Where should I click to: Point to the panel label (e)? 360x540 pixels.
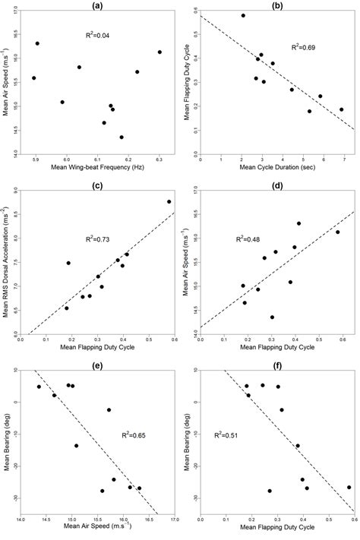coord(97,365)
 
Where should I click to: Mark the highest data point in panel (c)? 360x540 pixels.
coord(169,202)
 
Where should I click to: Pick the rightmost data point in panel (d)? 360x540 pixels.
coord(338,211)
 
